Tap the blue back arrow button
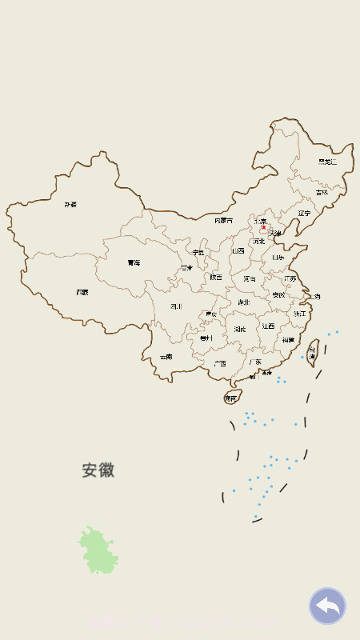click(x=327, y=606)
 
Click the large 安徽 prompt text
click(x=98, y=470)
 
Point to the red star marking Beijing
click(x=264, y=227)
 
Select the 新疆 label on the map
click(x=71, y=205)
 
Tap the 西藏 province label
click(x=82, y=293)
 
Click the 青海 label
click(x=134, y=263)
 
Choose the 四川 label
click(x=176, y=306)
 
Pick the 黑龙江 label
click(x=327, y=162)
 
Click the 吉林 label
click(x=322, y=192)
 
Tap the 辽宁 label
click(x=304, y=214)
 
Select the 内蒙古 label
click(x=224, y=220)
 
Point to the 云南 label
click(x=166, y=357)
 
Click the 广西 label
click(x=219, y=363)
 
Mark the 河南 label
click(x=250, y=279)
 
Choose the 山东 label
click(x=278, y=258)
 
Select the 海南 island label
click(x=231, y=398)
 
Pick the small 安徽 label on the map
click(x=278, y=295)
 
